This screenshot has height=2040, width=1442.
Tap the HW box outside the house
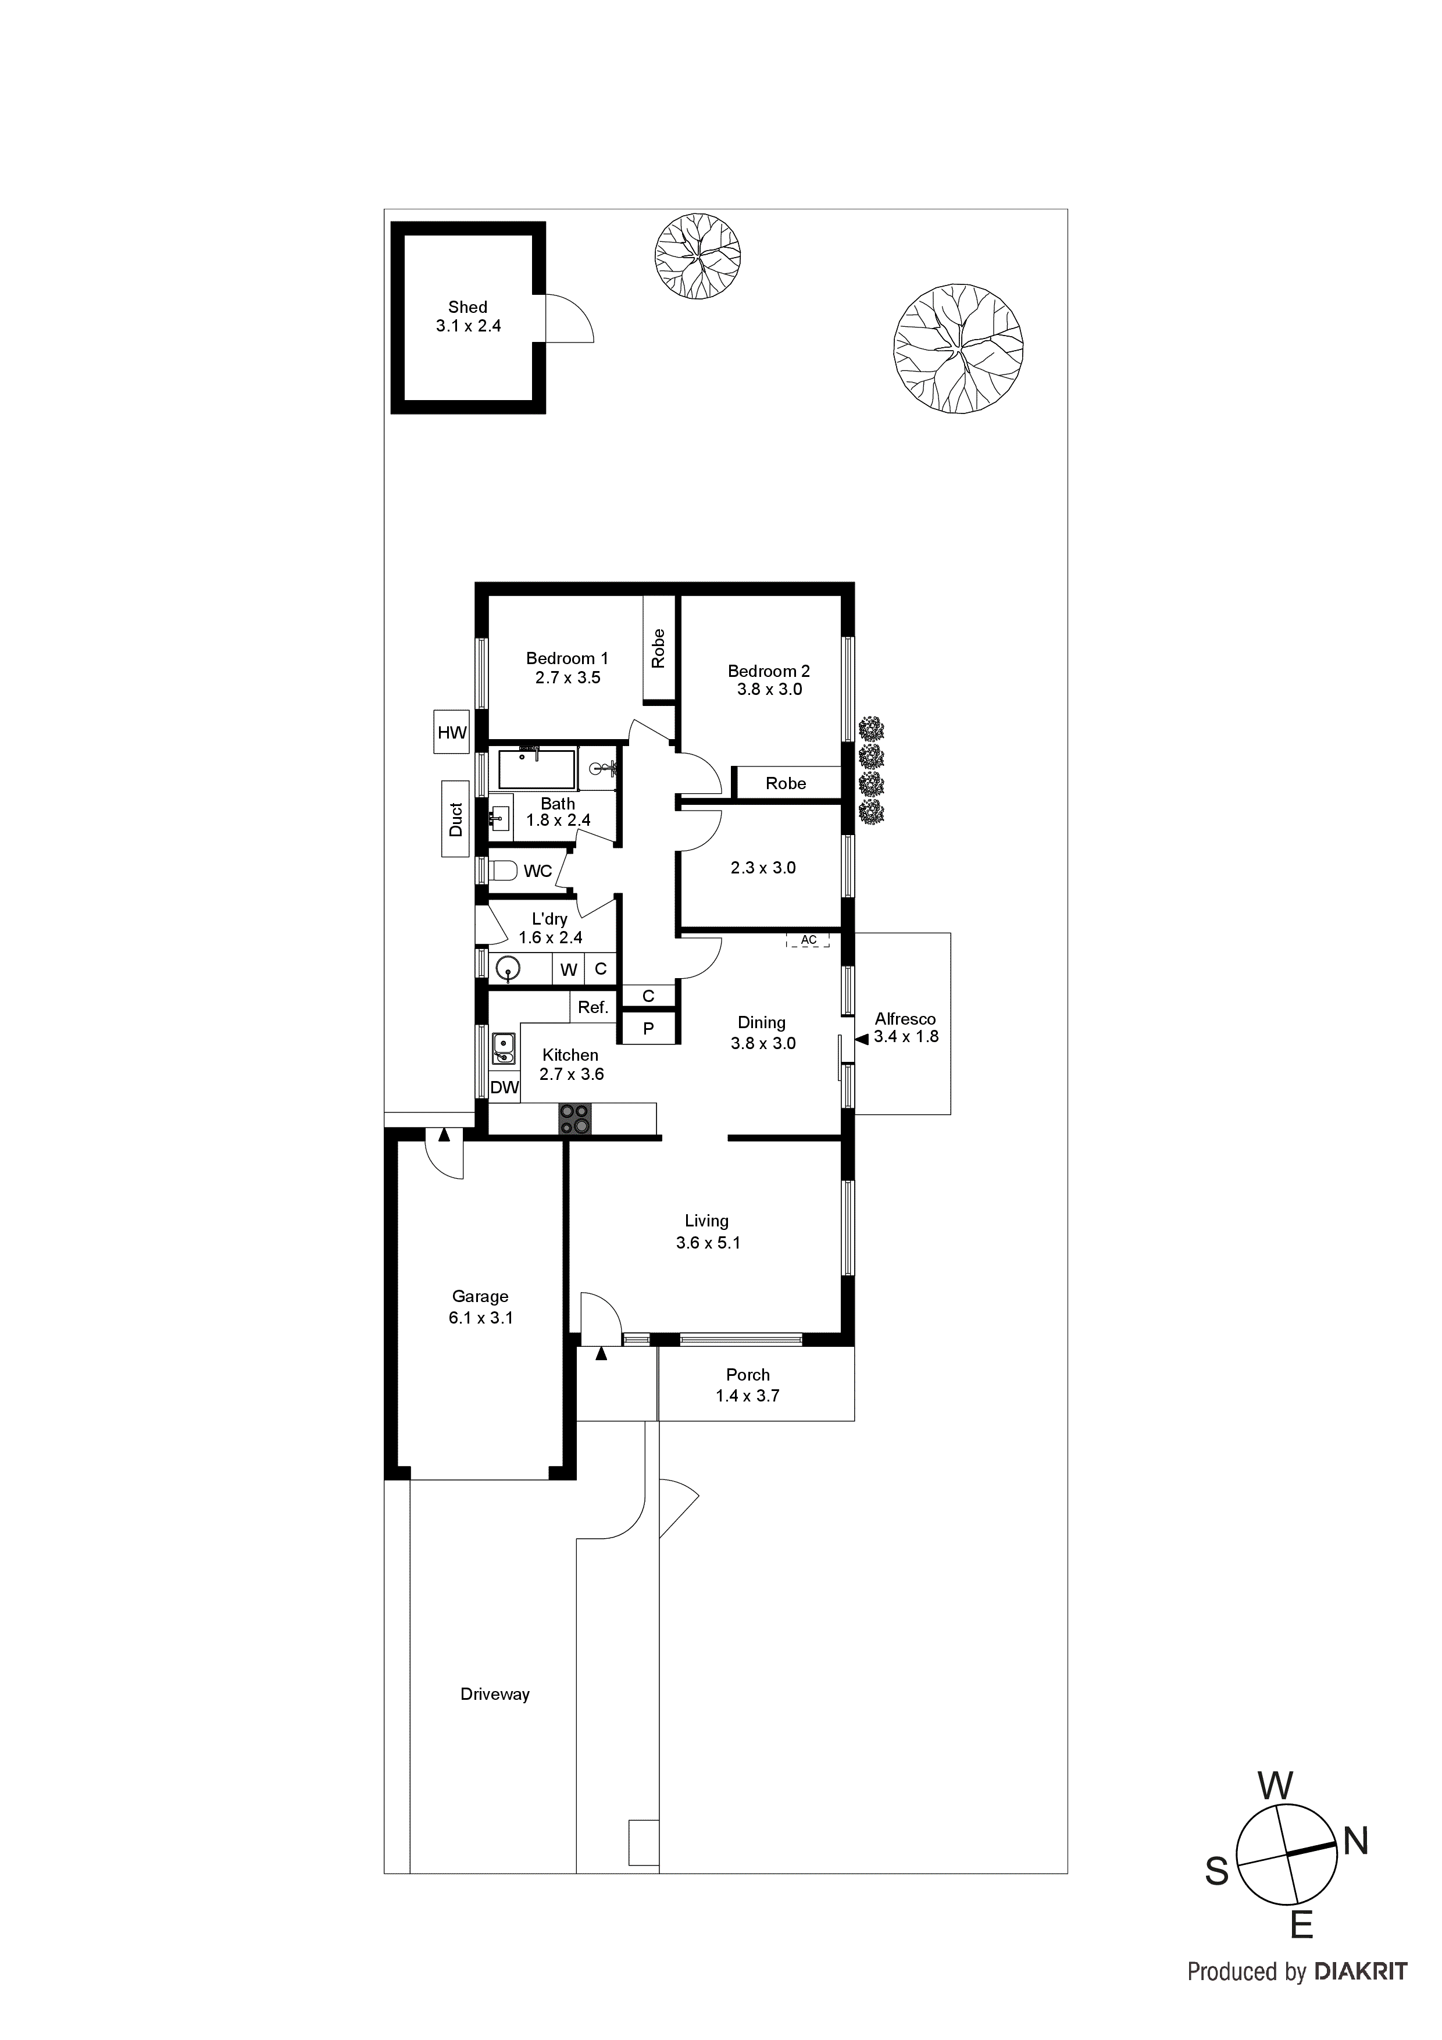451,732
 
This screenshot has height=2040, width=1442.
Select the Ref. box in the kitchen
592,1007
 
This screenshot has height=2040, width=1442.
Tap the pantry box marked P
648,1028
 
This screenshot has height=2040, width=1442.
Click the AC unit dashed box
808,939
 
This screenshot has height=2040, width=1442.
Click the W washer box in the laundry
569,969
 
